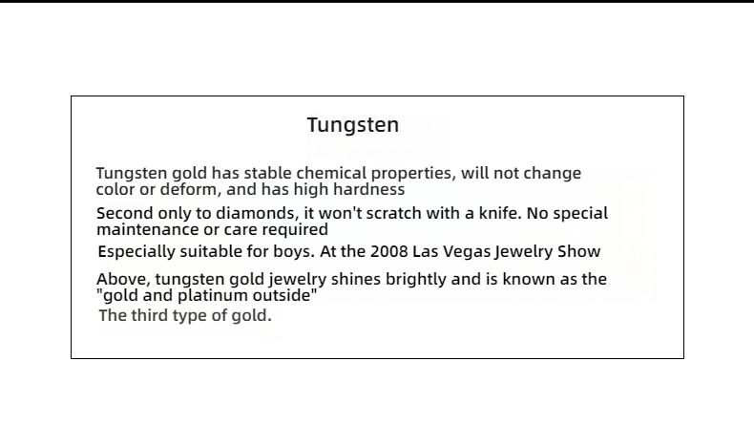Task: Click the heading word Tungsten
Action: (x=353, y=125)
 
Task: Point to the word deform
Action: (x=191, y=189)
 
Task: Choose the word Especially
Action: (x=136, y=251)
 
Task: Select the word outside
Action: (x=285, y=295)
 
